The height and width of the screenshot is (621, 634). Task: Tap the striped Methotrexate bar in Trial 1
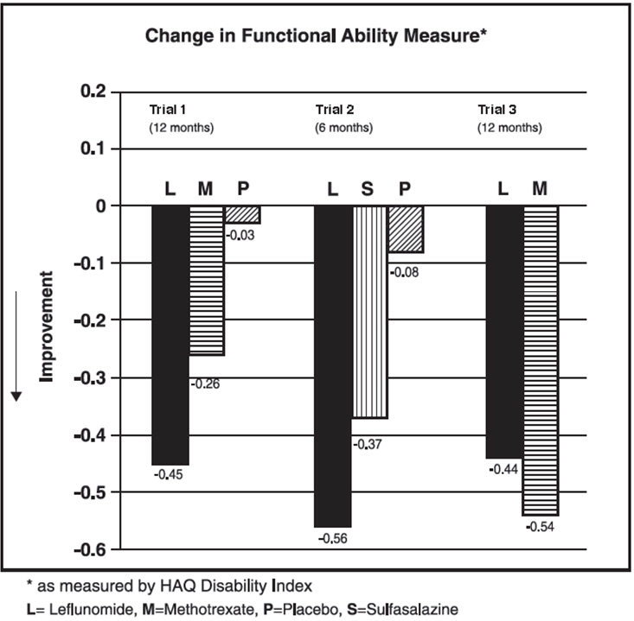tap(206, 281)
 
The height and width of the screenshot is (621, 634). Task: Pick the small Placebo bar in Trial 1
tap(242, 215)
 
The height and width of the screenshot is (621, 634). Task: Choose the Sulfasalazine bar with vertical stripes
tap(369, 312)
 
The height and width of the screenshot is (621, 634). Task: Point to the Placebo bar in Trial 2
tap(406, 229)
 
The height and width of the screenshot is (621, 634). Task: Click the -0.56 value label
tap(332, 539)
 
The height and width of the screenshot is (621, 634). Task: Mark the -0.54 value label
tap(540, 526)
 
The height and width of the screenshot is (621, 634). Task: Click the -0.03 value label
tap(241, 234)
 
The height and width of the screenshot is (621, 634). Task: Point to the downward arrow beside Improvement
tap(16, 345)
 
